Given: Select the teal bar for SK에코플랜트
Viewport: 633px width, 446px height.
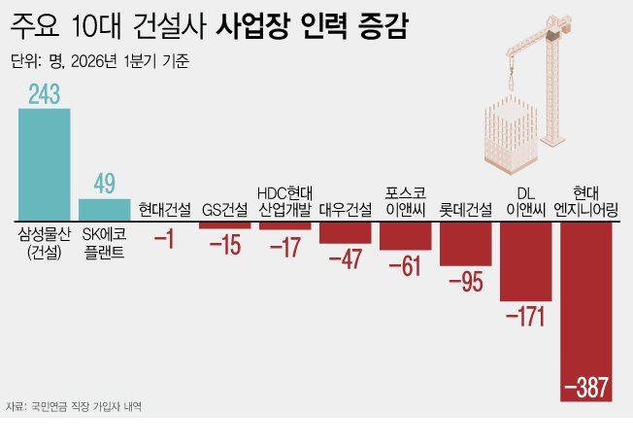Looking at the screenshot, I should click(x=104, y=209).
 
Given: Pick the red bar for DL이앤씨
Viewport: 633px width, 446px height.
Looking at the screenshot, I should click(x=525, y=260).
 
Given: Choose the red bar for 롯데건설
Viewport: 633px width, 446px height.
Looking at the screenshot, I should click(x=465, y=243).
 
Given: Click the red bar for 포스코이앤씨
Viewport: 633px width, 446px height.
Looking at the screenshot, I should click(x=405, y=235).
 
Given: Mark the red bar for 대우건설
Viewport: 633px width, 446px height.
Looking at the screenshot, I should click(x=345, y=231).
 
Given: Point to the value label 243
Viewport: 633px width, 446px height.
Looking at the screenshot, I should click(x=45, y=94).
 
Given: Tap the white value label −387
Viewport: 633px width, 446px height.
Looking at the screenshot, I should click(x=586, y=388).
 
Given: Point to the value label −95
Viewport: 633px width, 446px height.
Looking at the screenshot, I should click(x=465, y=282).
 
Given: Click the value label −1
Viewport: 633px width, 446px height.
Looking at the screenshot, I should click(x=164, y=239).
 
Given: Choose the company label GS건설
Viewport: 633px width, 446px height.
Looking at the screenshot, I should click(x=224, y=209).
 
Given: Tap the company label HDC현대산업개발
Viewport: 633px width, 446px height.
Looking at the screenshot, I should click(x=284, y=201).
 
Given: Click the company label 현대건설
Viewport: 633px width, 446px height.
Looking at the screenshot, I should click(x=164, y=209).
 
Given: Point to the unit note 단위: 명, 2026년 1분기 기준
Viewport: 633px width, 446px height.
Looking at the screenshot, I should click(x=100, y=62).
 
